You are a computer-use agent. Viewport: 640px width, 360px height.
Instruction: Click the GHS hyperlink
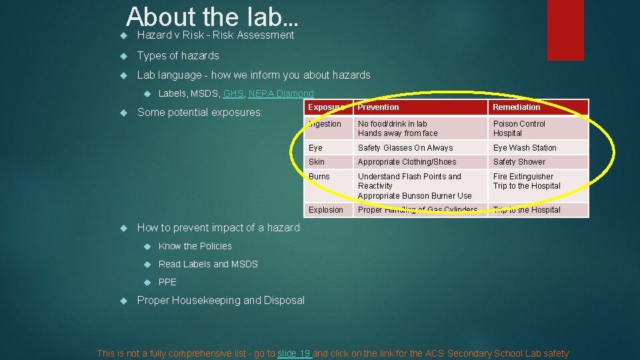pyautogui.click(x=233, y=94)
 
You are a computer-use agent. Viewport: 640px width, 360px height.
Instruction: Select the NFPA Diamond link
pyautogui.click(x=281, y=94)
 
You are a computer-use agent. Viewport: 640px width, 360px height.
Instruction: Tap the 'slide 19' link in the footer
pyautogui.click(x=294, y=353)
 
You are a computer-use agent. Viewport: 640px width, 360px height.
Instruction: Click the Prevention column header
pyautogui.click(x=378, y=107)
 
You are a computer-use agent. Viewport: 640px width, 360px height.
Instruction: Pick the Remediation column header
pyautogui.click(x=516, y=107)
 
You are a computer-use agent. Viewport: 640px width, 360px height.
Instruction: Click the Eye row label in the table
pyautogui.click(x=315, y=148)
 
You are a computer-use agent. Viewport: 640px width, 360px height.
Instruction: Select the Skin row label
pyautogui.click(x=317, y=162)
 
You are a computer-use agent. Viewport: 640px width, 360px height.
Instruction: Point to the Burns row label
pyautogui.click(x=319, y=177)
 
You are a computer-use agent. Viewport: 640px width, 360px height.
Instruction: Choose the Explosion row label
pyautogui.click(x=325, y=210)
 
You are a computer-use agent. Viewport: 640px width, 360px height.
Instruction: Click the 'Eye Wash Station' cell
pyautogui.click(x=525, y=148)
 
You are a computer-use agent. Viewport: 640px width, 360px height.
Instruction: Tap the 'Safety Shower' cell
pyautogui.click(x=519, y=162)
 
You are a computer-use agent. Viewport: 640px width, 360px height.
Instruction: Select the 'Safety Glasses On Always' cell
pyautogui.click(x=405, y=148)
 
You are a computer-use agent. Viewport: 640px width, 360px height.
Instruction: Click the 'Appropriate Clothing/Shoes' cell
pyautogui.click(x=407, y=162)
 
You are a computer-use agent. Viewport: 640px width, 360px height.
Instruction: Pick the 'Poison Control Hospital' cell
pyautogui.click(x=519, y=129)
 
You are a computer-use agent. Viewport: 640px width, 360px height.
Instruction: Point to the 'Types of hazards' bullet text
pyautogui.click(x=177, y=55)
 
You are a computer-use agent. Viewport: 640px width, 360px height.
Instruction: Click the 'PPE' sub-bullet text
pyautogui.click(x=167, y=282)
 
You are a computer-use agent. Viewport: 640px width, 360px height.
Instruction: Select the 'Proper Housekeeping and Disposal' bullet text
pyautogui.click(x=220, y=300)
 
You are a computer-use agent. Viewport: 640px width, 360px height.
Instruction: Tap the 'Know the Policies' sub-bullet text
pyautogui.click(x=195, y=246)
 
